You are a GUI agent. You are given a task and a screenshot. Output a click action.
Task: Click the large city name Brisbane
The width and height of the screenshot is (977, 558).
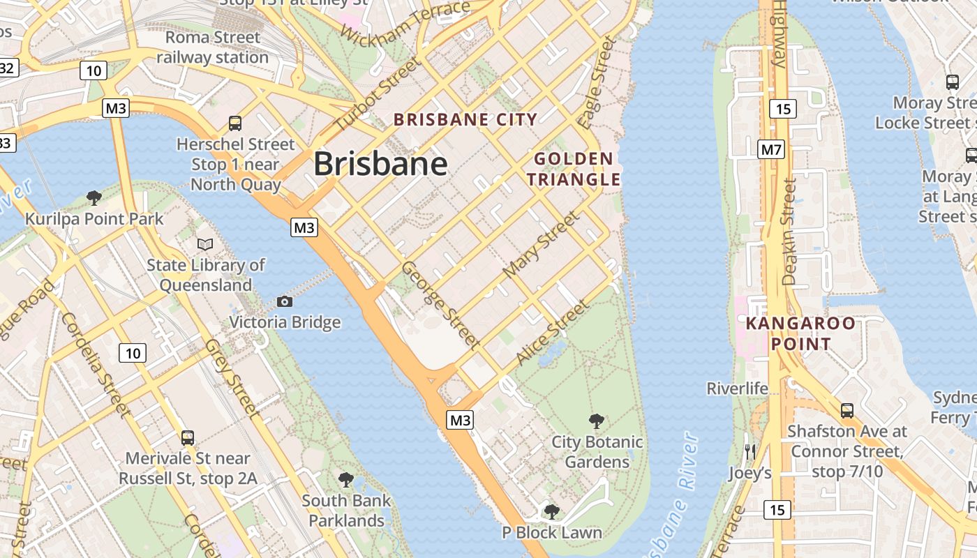380,164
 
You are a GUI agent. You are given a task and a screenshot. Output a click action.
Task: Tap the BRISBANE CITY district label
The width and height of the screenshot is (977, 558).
465,119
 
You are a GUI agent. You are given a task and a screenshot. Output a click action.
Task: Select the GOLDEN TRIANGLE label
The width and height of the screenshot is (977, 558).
574,169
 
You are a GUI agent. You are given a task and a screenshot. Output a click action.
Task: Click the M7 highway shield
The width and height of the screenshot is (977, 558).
772,149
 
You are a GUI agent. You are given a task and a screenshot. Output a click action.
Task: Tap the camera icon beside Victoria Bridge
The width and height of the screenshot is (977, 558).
284,301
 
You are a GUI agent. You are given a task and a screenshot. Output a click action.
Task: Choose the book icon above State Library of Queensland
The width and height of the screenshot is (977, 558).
205,244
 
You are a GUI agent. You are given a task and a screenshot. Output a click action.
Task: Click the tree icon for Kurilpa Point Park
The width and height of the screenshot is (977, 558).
94,198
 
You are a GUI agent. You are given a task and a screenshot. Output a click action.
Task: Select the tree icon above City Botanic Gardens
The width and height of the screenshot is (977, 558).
597,421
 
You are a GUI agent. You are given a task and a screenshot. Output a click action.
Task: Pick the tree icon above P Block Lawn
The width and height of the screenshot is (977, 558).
551,512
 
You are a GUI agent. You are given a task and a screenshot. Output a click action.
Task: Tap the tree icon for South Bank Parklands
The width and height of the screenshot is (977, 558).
346,479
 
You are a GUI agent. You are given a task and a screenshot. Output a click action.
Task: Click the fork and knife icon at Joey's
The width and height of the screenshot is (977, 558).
750,451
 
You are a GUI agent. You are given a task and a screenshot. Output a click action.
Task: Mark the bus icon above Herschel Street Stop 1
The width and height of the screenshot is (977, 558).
235,123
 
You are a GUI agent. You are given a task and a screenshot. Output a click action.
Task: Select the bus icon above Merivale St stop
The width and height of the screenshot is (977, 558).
187,437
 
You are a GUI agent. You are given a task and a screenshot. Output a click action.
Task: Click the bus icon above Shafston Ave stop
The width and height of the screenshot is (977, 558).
847,410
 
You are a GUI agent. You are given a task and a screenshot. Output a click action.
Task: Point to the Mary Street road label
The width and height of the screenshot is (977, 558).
541,243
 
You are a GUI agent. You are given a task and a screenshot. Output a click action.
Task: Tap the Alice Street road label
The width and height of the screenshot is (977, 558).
552,333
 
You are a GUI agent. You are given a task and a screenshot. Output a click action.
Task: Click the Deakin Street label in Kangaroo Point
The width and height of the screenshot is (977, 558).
789,232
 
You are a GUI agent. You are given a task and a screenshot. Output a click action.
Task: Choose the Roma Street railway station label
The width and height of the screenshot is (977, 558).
212,47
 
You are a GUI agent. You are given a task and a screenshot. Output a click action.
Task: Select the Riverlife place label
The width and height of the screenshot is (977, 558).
737,389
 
